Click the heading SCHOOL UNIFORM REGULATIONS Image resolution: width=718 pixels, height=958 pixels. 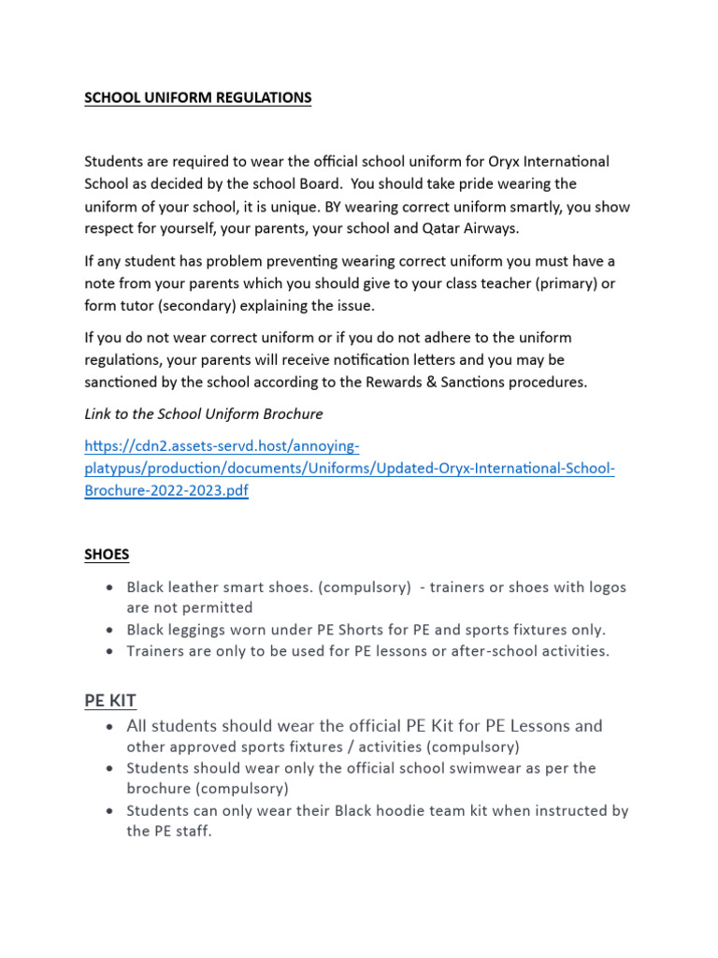198,98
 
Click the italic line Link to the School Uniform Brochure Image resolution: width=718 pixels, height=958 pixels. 204,414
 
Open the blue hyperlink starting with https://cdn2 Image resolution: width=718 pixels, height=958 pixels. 350,468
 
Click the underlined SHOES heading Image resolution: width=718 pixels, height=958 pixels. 107,554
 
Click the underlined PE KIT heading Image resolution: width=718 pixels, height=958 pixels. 110,700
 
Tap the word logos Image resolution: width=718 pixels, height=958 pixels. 603,588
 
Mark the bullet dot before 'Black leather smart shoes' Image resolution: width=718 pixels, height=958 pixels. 111,588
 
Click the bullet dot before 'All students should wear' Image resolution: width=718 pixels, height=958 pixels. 111,727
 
